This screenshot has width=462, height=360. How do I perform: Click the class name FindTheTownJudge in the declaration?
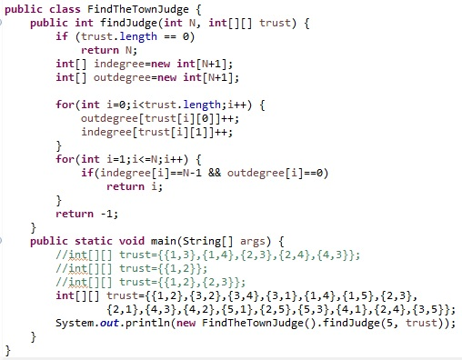tap(138, 9)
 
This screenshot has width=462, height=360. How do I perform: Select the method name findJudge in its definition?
tap(128, 23)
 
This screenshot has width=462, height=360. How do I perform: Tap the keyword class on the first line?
tap(65, 9)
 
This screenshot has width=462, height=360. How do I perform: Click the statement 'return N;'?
tap(109, 50)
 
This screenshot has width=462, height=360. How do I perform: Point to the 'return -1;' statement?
tap(86, 214)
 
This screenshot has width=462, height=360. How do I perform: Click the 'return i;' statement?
tap(135, 186)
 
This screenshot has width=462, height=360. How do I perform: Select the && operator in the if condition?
tap(215, 173)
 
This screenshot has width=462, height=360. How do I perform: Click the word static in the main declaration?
tap(94, 241)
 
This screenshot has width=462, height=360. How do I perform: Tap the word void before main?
tap(132, 241)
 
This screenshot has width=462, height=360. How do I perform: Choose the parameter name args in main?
tap(253, 242)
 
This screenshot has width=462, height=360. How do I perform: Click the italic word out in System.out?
tap(109, 323)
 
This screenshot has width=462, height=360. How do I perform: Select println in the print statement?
tap(147, 323)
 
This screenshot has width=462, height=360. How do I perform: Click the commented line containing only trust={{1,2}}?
tap(132, 268)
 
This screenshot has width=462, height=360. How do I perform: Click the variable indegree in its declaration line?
tap(122, 64)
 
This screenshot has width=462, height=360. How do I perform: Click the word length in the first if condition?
tap(138, 36)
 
